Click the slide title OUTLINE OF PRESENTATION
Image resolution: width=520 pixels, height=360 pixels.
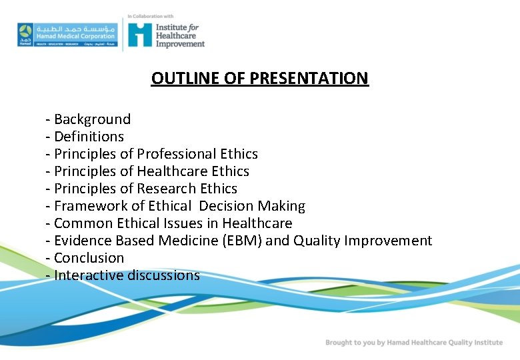click(x=259, y=79)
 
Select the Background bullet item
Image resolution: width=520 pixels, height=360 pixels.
click(x=92, y=119)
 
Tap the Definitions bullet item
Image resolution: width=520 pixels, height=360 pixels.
click(x=89, y=137)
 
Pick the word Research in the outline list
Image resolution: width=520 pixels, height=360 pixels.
click(x=167, y=189)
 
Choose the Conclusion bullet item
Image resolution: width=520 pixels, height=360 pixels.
click(x=89, y=258)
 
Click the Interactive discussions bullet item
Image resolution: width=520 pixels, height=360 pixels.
click(x=127, y=275)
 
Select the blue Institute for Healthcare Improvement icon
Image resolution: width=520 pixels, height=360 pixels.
click(x=140, y=34)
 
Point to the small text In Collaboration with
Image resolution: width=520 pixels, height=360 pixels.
click(x=151, y=16)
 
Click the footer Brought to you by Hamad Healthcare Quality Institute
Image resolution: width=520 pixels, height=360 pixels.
click(x=413, y=343)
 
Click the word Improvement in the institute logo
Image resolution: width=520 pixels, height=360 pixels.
click(x=180, y=44)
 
